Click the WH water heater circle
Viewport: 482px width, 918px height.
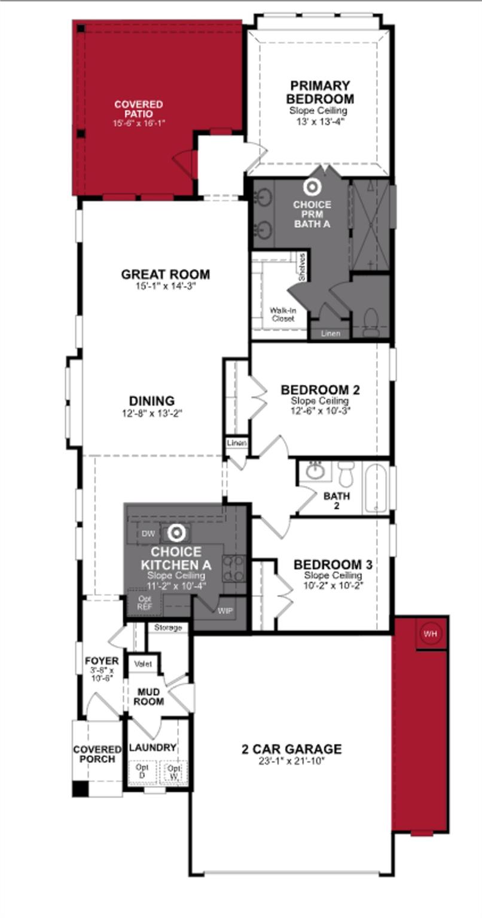point(429,634)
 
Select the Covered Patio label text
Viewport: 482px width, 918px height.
point(139,109)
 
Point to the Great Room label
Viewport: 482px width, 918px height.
point(166,274)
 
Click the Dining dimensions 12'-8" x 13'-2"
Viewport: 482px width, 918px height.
point(152,412)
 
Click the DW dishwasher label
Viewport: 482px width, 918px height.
point(148,533)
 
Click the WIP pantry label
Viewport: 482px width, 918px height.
point(225,611)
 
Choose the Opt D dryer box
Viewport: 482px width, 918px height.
point(142,770)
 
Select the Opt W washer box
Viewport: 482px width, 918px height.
point(173,772)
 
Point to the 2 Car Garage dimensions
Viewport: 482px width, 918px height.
point(291,761)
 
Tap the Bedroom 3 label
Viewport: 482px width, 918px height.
point(333,564)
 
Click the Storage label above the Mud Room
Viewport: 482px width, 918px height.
point(168,628)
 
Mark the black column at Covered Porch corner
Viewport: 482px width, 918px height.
point(80,789)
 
